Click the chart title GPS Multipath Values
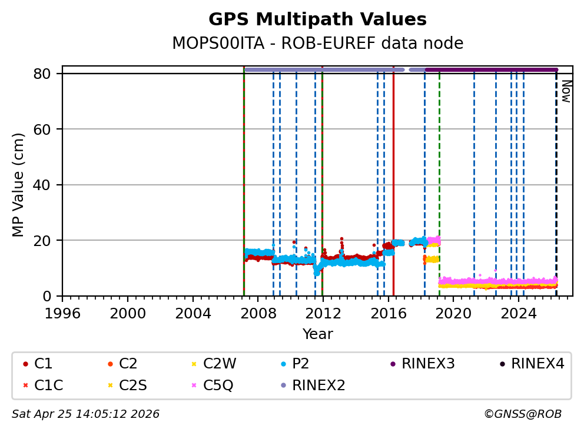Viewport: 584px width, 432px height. click(x=317, y=19)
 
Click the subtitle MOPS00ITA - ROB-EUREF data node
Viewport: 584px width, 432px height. click(x=317, y=44)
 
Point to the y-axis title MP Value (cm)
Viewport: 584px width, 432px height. click(x=19, y=185)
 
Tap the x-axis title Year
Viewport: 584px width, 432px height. click(x=317, y=334)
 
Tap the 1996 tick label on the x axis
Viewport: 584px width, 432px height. click(x=62, y=313)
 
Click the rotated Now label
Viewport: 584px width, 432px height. click(x=566, y=91)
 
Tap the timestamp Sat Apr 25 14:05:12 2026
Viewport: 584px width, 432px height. click(x=85, y=414)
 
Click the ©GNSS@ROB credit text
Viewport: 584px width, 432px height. click(x=522, y=414)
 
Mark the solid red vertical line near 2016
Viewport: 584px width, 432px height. click(x=393, y=177)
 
